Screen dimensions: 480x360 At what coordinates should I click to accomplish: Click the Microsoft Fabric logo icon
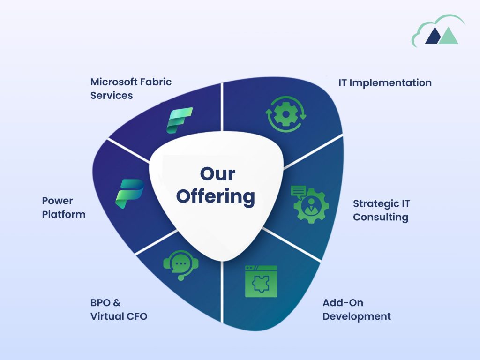pyautogui.click(x=180, y=120)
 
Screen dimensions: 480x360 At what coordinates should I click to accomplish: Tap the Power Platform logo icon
pyautogui.click(x=129, y=194)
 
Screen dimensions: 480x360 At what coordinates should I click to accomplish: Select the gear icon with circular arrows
pyautogui.click(x=285, y=114)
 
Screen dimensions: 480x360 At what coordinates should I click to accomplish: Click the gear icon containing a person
pyautogui.click(x=309, y=204)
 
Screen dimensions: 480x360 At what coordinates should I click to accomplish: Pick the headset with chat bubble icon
pyautogui.click(x=180, y=265)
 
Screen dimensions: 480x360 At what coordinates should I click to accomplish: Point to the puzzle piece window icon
pyautogui.click(x=261, y=281)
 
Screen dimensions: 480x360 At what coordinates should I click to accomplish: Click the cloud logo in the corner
pyautogui.click(x=438, y=31)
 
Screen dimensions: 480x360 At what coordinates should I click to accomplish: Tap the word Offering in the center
pyautogui.click(x=216, y=196)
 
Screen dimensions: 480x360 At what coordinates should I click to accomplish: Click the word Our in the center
pyautogui.click(x=217, y=174)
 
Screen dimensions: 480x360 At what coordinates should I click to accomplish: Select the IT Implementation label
pyautogui.click(x=385, y=83)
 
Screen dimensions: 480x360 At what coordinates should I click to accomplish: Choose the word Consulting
pyautogui.click(x=381, y=217)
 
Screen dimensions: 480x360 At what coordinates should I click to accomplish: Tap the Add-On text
pyautogui.click(x=343, y=303)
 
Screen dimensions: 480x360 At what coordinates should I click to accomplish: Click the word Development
pyautogui.click(x=357, y=316)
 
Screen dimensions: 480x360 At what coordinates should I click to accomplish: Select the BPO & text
pyautogui.click(x=105, y=303)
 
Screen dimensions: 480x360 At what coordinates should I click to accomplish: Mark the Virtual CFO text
pyautogui.click(x=119, y=316)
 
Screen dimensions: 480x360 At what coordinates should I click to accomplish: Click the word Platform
pyautogui.click(x=64, y=214)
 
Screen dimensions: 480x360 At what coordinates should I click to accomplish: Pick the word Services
pyautogui.click(x=112, y=96)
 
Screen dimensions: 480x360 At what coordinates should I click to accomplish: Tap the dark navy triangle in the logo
pyautogui.click(x=433, y=37)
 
